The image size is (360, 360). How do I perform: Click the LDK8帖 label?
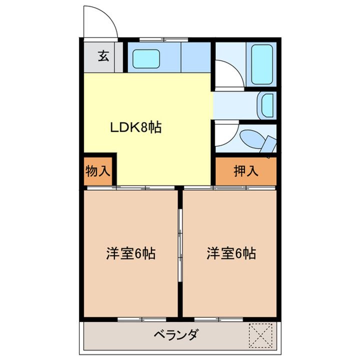pos(135,128)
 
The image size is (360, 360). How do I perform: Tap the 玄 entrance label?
pos(102,56)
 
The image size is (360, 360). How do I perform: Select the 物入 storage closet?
pos(97,171)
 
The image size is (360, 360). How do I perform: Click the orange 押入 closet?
pos(245,171)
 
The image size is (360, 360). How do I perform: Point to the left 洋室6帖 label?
pos(130,254)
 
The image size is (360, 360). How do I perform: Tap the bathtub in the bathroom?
pos(262,64)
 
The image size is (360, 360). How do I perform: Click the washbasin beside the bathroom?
pos(267,105)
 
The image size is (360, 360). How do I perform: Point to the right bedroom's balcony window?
pos(218,318)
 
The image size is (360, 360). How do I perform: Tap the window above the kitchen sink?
pos(157,39)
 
